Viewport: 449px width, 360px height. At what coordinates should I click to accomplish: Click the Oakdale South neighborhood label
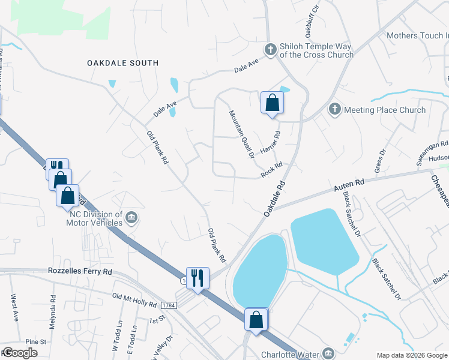(x=122, y=63)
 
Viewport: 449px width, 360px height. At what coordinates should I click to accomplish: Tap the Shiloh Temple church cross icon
(x=271, y=49)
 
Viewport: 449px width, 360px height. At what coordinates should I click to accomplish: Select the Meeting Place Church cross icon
(x=334, y=109)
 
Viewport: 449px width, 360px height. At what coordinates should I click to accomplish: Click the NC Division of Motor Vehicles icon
(x=132, y=217)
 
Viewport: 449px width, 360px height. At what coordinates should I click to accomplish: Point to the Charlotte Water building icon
(x=328, y=353)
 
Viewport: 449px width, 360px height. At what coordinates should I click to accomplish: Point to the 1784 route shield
(x=169, y=305)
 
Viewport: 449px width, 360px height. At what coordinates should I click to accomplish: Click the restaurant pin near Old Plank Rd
(x=197, y=278)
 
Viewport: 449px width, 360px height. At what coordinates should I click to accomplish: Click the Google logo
(x=19, y=353)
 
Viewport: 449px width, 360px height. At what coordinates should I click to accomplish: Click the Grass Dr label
(x=379, y=163)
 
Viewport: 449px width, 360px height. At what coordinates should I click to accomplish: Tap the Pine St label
(x=36, y=342)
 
